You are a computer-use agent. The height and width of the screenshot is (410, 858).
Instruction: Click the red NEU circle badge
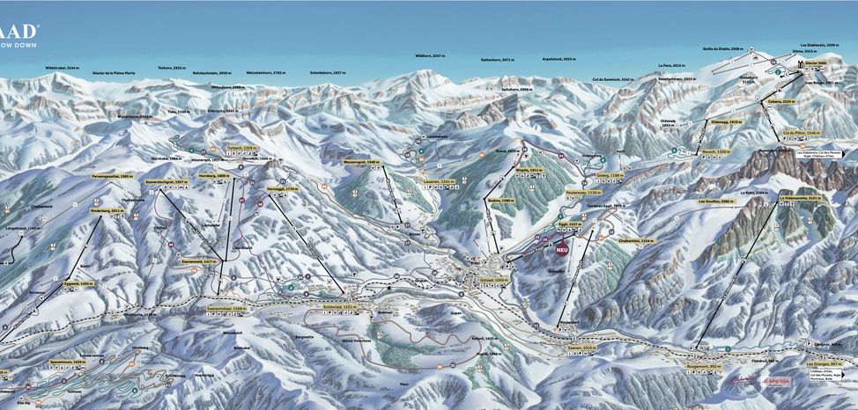[x=562, y=249]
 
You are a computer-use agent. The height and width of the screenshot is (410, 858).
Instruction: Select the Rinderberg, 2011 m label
[x=105, y=211]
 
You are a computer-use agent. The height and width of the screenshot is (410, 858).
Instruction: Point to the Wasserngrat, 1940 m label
[x=361, y=162]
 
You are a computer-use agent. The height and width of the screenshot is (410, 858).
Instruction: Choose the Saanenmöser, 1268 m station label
[x=226, y=309]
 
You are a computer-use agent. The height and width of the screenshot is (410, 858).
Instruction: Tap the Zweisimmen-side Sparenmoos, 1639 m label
[x=66, y=362]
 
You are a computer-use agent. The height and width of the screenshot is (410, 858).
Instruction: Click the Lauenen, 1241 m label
[x=438, y=181]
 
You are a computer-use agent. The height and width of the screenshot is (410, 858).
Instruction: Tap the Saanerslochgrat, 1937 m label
[x=166, y=181]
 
